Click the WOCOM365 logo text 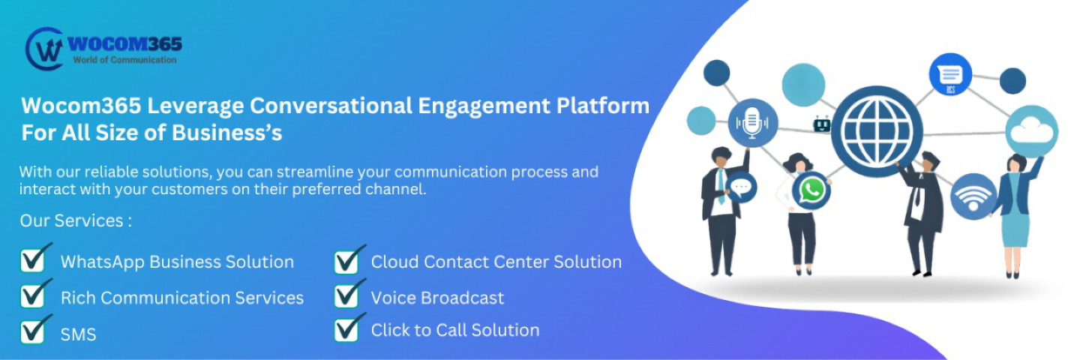124,43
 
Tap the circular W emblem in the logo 44,49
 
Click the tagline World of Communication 124,60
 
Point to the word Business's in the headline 226,133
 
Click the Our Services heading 76,220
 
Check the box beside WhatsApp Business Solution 34,259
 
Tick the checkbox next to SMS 34,330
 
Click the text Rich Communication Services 182,298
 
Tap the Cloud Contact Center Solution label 496,262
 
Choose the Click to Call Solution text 455,330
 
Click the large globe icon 877,131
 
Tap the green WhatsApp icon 812,190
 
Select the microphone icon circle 752,123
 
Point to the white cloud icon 1032,131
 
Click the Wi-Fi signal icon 973,196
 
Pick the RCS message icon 950,75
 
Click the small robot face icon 822,124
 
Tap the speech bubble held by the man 742,188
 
